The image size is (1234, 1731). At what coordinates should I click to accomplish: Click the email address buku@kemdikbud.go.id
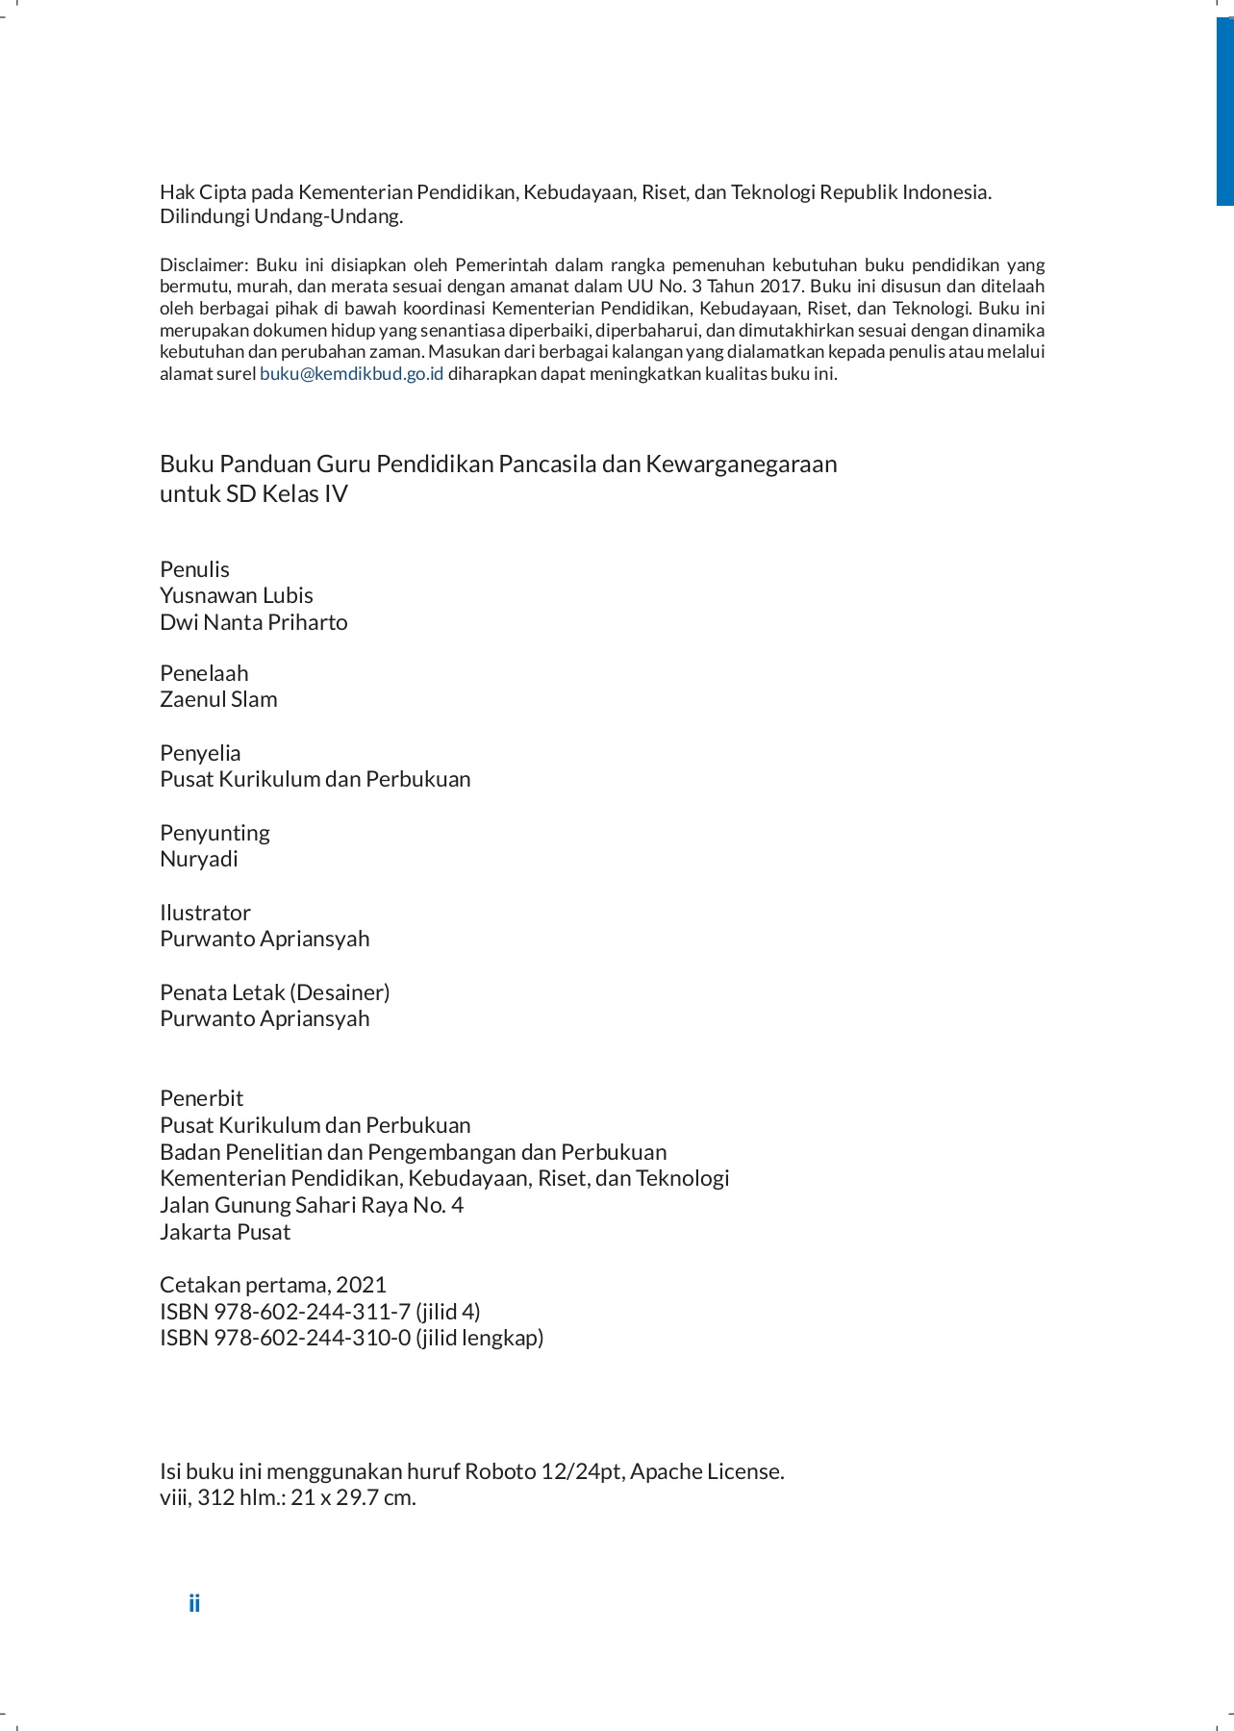[351, 374]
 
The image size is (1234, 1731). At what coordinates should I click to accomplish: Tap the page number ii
[194, 1603]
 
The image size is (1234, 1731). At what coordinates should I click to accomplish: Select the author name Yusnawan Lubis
[237, 595]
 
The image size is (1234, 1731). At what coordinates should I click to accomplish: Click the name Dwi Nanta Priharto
[254, 622]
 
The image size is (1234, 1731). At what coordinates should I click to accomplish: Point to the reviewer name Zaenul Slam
[218, 699]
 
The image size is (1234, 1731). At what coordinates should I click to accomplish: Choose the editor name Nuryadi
[199, 859]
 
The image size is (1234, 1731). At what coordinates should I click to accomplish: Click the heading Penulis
[194, 569]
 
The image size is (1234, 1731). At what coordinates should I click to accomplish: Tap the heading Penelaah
[204, 673]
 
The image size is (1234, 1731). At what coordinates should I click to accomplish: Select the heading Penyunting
[214, 833]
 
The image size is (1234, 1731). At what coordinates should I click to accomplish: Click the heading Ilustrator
[205, 913]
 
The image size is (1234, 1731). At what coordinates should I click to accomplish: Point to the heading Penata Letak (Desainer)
[275, 992]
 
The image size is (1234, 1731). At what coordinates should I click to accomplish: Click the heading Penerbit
[202, 1098]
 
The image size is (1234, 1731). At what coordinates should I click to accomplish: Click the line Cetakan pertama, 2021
[273, 1285]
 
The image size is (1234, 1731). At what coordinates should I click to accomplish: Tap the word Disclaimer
[204, 265]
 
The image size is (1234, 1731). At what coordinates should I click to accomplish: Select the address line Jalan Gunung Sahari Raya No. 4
[312, 1205]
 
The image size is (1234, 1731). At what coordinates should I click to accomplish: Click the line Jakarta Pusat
[225, 1232]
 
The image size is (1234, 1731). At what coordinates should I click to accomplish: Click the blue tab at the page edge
[1224, 111]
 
